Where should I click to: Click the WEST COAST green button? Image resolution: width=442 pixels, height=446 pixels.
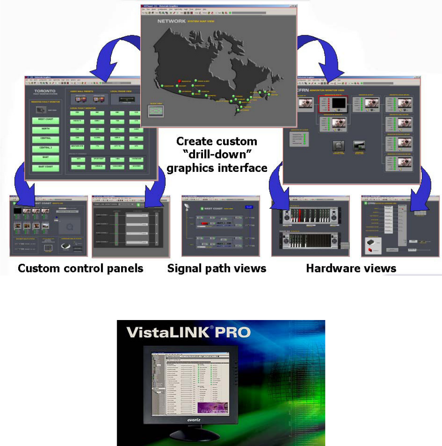click(x=45, y=119)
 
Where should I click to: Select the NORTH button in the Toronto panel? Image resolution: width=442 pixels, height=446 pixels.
click(x=45, y=130)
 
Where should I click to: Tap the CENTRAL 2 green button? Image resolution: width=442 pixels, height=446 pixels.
click(x=45, y=149)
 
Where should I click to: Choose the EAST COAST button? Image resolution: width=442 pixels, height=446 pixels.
click(x=45, y=167)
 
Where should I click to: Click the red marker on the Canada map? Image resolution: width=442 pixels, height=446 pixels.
click(x=179, y=81)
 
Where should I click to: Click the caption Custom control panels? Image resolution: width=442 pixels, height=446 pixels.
click(x=80, y=268)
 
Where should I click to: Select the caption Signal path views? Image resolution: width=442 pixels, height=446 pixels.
click(x=217, y=268)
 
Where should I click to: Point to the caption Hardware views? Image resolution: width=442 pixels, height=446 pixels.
click(x=351, y=268)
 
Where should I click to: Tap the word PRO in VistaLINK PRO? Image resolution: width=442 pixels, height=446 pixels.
click(x=232, y=332)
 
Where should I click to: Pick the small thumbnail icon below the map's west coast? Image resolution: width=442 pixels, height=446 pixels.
click(x=155, y=110)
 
